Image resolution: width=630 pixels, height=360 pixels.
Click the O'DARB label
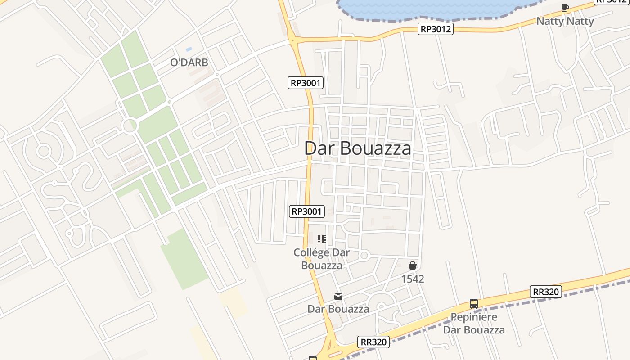[189, 63]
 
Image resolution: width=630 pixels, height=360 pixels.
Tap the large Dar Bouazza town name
[358, 148]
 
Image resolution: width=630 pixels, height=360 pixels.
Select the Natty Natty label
[565, 21]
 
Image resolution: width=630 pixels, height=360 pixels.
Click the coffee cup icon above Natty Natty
[565, 8]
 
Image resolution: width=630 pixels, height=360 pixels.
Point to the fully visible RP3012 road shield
[435, 29]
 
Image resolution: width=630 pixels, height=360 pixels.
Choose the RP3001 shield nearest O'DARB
[306, 83]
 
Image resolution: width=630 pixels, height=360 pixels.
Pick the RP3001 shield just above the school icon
[307, 211]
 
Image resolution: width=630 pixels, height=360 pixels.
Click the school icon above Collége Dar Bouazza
[322, 239]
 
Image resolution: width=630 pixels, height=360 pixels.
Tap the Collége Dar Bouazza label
[321, 259]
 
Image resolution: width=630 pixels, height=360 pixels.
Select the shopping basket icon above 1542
[413, 265]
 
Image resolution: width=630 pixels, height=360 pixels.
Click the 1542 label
[413, 279]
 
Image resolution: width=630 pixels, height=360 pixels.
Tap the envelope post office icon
[338, 296]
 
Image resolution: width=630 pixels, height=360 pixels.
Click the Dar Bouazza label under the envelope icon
[338, 309]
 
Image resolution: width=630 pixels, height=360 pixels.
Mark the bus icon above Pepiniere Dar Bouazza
[474, 304]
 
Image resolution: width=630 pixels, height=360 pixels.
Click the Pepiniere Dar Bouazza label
[474, 323]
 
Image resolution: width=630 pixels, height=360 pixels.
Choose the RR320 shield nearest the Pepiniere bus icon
[545, 292]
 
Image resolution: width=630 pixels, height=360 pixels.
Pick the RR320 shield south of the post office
[373, 342]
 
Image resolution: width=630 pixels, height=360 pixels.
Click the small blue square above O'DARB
[189, 49]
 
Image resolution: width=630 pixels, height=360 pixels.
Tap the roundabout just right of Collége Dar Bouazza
[364, 256]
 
